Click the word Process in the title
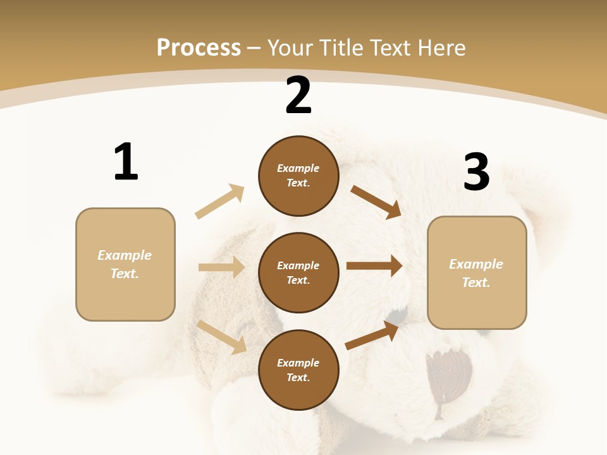click(x=199, y=47)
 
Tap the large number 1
click(x=126, y=162)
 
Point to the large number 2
click(x=298, y=96)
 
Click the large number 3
click(x=476, y=173)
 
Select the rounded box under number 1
click(x=125, y=264)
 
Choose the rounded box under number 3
click(x=477, y=272)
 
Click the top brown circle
click(x=298, y=176)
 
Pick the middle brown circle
click(x=298, y=272)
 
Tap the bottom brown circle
click(x=298, y=370)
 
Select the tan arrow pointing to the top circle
click(x=219, y=202)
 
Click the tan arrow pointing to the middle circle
click(x=221, y=267)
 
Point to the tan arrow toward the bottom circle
click(x=222, y=337)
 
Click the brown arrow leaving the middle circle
click(x=374, y=266)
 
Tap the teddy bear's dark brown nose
click(x=450, y=377)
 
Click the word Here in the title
click(x=443, y=47)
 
